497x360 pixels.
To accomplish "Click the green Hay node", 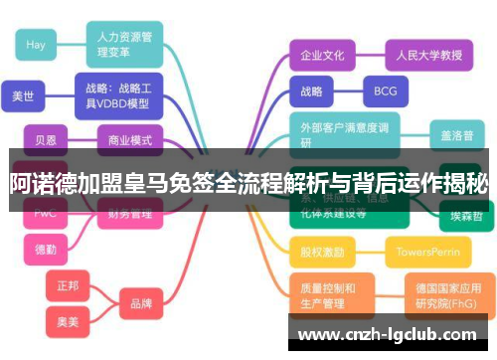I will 36,45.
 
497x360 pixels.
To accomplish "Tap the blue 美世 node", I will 23,96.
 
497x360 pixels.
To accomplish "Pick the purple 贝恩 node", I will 46,139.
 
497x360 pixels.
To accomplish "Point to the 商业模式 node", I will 130,139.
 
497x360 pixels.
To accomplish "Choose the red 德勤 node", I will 46,249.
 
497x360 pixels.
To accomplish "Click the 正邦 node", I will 68,284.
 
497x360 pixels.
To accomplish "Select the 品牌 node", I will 140,302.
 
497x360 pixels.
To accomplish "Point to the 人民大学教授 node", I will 423,55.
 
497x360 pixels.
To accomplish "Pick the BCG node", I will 385,91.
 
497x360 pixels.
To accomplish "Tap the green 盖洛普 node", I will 457,133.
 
